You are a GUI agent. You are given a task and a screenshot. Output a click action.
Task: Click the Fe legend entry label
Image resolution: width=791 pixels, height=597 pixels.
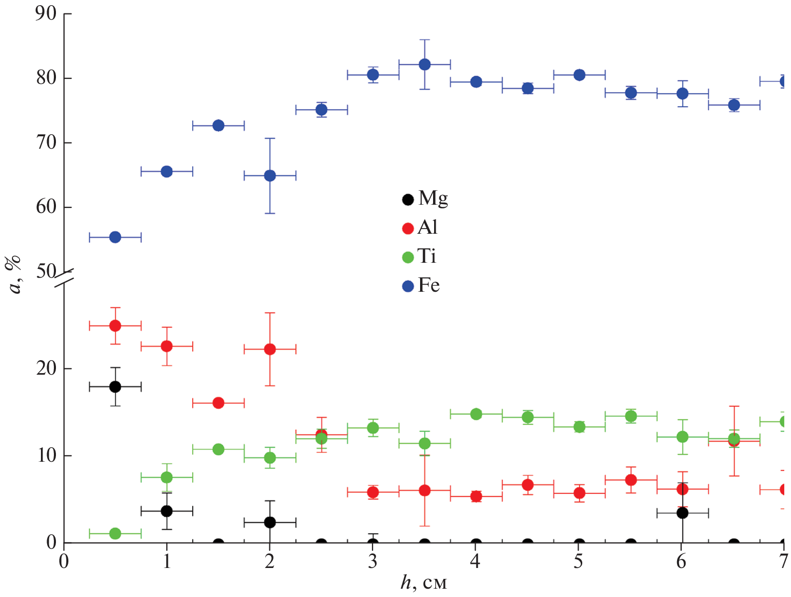click(x=428, y=285)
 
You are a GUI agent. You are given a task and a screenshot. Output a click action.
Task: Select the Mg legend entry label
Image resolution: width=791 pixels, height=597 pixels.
click(x=433, y=198)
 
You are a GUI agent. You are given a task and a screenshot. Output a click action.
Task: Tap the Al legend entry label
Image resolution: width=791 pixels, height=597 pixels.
click(x=427, y=227)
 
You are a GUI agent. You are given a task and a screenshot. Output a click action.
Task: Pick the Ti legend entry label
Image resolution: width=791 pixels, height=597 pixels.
click(x=427, y=256)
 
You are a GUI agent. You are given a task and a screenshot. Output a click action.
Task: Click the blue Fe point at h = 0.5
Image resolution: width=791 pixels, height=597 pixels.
click(x=115, y=237)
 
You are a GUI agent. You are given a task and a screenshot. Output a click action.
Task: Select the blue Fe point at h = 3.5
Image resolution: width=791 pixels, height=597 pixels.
click(x=424, y=64)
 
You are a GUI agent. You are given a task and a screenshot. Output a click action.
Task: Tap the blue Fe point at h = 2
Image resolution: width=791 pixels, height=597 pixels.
click(x=270, y=176)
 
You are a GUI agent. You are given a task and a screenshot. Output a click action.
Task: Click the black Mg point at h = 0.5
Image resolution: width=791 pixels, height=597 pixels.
click(x=115, y=387)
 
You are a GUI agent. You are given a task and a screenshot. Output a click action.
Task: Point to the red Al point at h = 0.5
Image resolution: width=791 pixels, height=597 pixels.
click(x=115, y=326)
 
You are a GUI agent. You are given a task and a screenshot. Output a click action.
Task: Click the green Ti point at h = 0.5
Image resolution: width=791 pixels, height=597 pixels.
click(x=115, y=533)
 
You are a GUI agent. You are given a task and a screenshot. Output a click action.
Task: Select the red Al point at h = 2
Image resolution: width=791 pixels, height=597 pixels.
click(x=270, y=349)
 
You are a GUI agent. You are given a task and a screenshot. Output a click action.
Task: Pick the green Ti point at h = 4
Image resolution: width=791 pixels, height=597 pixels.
click(x=476, y=414)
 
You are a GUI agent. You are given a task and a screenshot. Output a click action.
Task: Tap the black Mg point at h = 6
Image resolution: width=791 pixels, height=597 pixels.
click(x=682, y=513)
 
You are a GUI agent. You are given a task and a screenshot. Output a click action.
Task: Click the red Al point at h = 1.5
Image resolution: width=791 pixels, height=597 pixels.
click(x=218, y=403)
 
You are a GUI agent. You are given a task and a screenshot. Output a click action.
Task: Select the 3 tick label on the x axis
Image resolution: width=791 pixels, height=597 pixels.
click(x=372, y=561)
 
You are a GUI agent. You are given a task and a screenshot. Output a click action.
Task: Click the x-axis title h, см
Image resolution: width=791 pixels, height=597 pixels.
click(x=424, y=583)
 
